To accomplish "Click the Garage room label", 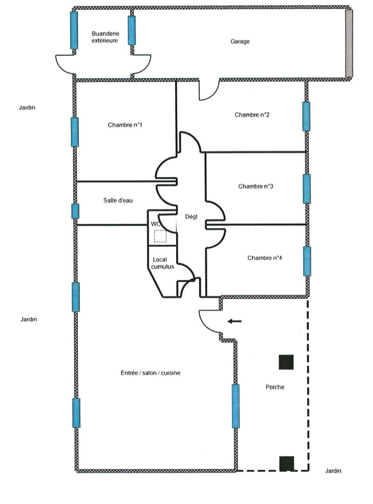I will [x=240, y=42].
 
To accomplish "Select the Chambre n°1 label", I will [x=125, y=125].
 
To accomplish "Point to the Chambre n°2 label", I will [x=252, y=115].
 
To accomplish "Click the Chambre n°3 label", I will [x=256, y=186].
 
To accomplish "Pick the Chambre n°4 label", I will [x=265, y=258].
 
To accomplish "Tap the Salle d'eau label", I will [x=118, y=201].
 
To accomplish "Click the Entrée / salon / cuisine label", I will [x=151, y=373].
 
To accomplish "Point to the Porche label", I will [x=275, y=387].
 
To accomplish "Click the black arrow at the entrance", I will [x=235, y=321].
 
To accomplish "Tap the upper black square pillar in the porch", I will [x=286, y=362].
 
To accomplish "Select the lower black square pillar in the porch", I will [x=287, y=463].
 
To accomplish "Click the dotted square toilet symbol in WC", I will [x=160, y=237].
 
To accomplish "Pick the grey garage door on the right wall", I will [x=348, y=43].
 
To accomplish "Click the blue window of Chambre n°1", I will [x=75, y=132].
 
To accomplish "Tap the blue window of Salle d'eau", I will [x=75, y=211].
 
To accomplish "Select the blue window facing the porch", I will [x=236, y=406].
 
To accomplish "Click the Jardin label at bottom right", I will [x=333, y=471].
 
